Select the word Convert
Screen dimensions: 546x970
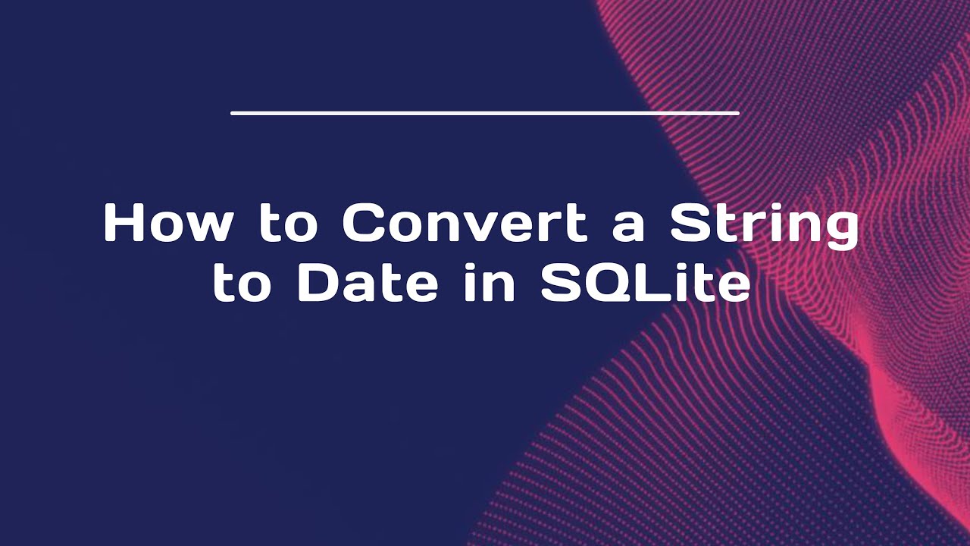465,224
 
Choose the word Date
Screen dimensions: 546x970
368,284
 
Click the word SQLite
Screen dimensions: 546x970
645,284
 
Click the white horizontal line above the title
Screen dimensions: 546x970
485,113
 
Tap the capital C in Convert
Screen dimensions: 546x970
365,224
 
